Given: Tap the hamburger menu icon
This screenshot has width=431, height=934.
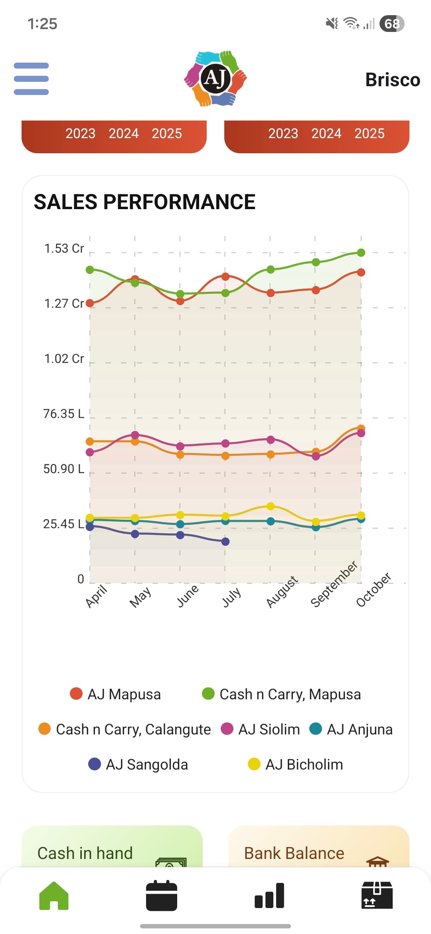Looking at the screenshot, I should pos(31,79).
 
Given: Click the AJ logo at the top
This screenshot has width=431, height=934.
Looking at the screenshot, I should pos(215,78).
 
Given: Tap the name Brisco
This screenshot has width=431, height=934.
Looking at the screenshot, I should pos(393,80).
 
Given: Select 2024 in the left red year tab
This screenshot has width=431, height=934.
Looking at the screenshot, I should pos(124,133).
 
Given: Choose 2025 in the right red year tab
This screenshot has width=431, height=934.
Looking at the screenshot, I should pos(370,133).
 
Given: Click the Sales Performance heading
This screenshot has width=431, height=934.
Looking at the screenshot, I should pos(144,202).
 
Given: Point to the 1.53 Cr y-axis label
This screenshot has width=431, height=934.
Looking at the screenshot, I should pos(64,249).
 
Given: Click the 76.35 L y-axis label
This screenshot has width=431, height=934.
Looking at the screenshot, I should pos(64,414).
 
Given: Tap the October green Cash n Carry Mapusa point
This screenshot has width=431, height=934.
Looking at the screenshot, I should pos(361,253).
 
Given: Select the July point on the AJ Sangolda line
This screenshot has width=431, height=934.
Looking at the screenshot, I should pos(225,542).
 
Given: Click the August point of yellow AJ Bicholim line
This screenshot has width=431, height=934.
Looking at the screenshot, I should pos(271,506).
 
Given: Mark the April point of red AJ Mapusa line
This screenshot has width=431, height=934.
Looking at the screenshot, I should pos(90,303).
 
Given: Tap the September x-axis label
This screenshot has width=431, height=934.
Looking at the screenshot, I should pos(334,584).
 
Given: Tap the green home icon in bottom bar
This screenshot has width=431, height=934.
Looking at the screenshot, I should pos(54,896).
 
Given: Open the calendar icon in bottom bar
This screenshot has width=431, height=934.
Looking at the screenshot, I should pos(162,896).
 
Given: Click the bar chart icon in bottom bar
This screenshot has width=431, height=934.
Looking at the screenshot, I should pos(269,896).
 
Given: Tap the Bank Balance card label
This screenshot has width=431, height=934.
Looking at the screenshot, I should pos(294,853).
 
